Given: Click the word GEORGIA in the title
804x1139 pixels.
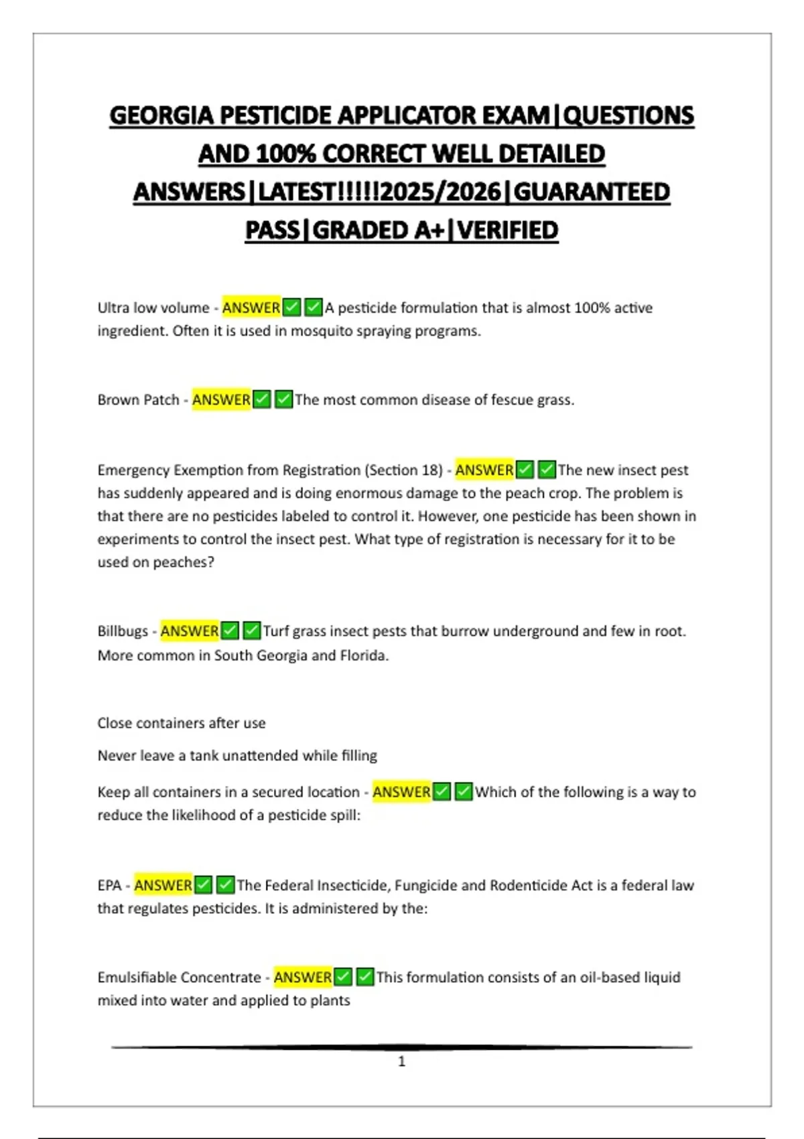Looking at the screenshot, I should pyautogui.click(x=163, y=115).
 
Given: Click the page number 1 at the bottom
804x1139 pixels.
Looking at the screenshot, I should pyautogui.click(x=402, y=1061).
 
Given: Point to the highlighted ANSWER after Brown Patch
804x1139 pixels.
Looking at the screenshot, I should pyautogui.click(x=221, y=400).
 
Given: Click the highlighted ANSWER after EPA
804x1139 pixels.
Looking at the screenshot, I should pyautogui.click(x=163, y=886).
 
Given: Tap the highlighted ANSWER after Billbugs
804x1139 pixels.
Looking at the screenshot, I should pyautogui.click(x=189, y=631).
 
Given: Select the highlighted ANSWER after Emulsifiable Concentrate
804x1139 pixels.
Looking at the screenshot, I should pyautogui.click(x=302, y=978).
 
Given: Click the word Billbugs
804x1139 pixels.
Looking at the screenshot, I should pyautogui.click(x=123, y=631).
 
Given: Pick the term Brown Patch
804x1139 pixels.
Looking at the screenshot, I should pyautogui.click(x=138, y=400).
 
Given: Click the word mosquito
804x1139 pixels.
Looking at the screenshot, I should pyautogui.click(x=319, y=331).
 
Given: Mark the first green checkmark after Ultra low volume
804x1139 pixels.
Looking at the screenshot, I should pyautogui.click(x=291, y=308).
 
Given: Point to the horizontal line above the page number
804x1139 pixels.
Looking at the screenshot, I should pyautogui.click(x=402, y=1047).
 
